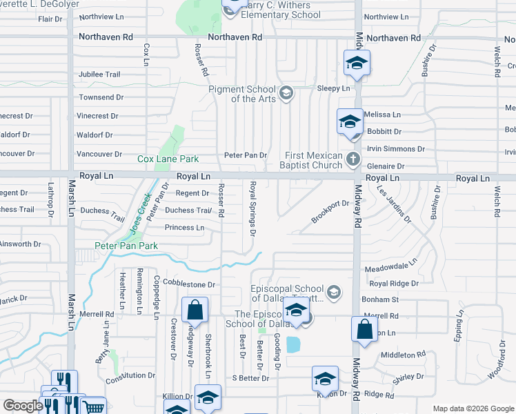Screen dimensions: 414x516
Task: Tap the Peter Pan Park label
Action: click(x=126, y=246)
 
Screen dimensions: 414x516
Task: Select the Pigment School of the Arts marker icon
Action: click(x=286, y=91)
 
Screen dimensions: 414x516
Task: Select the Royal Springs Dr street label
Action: click(x=253, y=209)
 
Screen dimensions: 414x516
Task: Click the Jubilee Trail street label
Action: click(x=99, y=75)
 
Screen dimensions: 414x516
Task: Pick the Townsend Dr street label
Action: click(x=101, y=98)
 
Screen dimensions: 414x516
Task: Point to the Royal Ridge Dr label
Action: click(x=394, y=283)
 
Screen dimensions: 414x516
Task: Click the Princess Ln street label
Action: click(x=184, y=228)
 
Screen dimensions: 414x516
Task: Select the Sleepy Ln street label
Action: click(x=333, y=88)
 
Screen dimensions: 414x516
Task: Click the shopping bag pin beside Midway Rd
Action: click(x=364, y=328)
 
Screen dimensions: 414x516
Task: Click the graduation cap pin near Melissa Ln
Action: click(x=350, y=121)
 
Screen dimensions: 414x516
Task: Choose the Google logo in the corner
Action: click(x=23, y=406)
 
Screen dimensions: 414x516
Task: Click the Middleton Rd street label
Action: click(x=401, y=355)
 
